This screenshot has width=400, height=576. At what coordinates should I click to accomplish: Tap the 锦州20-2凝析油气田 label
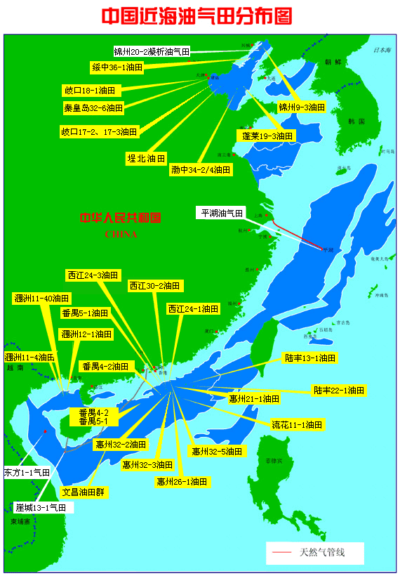click(x=152, y=51)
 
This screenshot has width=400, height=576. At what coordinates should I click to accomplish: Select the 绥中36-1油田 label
click(x=117, y=67)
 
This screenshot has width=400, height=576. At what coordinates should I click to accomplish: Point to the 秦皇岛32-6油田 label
click(x=93, y=107)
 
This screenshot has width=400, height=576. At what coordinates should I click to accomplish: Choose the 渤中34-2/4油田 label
click(x=201, y=169)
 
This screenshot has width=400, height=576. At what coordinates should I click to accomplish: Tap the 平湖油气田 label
click(x=221, y=213)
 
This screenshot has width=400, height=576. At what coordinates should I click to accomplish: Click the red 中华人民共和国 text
click(x=121, y=218)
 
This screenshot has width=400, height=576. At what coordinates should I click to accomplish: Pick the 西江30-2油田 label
click(x=155, y=286)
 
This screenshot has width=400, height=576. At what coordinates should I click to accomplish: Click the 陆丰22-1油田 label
click(x=339, y=390)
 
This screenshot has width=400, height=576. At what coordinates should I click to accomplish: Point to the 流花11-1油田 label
click(x=297, y=424)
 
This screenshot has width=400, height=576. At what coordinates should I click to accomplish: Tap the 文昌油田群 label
click(x=84, y=492)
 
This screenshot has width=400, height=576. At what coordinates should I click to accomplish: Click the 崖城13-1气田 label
click(x=41, y=506)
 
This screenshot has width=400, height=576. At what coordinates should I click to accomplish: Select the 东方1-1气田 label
click(x=27, y=473)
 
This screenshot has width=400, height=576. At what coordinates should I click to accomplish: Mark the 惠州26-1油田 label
click(x=182, y=482)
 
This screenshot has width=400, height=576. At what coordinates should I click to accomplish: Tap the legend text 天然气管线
click(x=322, y=553)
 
